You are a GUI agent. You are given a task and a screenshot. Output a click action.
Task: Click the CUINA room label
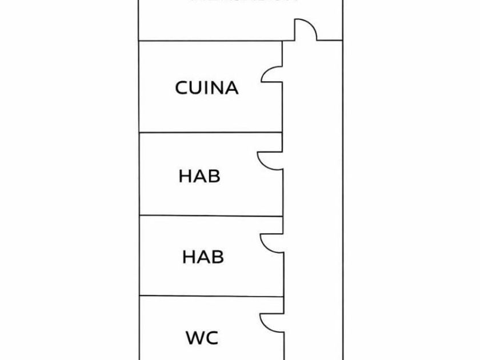coord(206,88)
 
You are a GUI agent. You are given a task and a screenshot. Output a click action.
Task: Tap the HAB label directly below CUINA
coord(199,176)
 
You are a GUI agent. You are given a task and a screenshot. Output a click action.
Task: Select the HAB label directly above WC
coord(202,257)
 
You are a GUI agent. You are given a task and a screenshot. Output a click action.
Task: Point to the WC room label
coord(202,338)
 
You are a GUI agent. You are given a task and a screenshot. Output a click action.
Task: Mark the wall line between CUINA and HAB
coord(210,133)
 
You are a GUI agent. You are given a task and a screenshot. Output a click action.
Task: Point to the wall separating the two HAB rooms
coord(210,215)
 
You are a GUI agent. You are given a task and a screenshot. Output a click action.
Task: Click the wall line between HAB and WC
coord(210,296)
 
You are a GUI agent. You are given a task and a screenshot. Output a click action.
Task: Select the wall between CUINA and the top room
coord(210,41)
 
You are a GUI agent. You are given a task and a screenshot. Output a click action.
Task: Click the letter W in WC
coord(195,338)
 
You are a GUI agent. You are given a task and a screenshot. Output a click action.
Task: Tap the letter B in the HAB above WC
coord(215,257)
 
